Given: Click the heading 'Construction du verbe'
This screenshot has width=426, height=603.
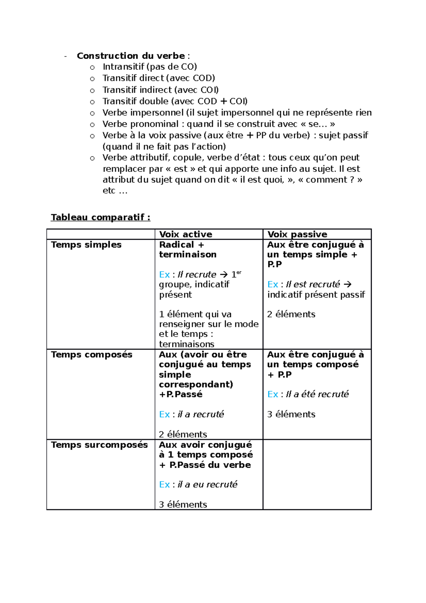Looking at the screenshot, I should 131,56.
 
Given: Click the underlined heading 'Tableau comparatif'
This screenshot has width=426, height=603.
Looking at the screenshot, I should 100,217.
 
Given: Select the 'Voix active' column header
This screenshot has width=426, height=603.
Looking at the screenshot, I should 185,234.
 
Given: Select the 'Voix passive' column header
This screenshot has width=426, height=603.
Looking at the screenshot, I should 297,234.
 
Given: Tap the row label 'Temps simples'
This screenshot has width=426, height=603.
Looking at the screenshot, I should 86,245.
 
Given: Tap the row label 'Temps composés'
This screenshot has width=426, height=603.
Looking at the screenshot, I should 91,354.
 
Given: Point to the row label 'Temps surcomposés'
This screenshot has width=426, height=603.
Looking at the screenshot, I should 99,445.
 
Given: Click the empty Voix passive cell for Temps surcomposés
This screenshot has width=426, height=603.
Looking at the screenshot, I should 317,474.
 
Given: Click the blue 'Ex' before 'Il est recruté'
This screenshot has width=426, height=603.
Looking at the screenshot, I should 272,284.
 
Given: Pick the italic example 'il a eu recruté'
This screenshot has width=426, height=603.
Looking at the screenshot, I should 207,484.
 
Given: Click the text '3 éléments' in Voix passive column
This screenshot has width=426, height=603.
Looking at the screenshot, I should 291,414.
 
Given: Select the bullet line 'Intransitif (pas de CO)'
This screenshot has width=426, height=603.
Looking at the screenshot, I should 149,67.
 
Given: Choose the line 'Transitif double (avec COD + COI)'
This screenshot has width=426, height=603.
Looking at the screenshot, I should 175,101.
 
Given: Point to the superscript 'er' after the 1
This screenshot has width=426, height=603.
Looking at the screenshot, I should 239,272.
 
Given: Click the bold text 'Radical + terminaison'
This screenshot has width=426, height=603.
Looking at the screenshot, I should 187,249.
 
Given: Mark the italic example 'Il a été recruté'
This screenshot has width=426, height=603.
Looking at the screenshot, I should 317,394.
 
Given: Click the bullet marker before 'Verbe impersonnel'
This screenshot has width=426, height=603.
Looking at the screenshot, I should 92,113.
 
